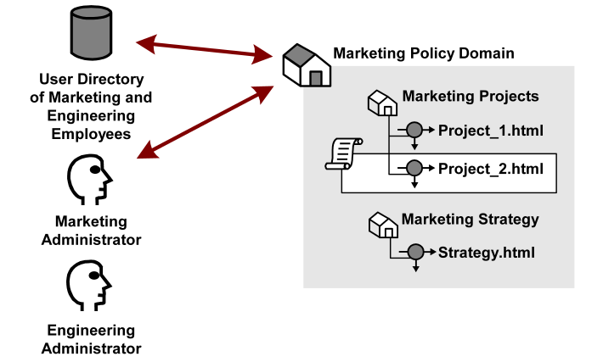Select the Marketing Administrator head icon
click(x=89, y=181)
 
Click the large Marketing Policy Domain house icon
click(x=306, y=66)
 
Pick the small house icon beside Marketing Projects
click(x=382, y=103)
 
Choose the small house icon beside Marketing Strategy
click(x=382, y=226)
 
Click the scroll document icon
click(x=343, y=154)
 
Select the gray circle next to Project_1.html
click(x=414, y=131)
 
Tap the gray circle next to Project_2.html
click(x=414, y=168)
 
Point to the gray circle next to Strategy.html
click(x=414, y=252)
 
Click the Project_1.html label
click(x=490, y=131)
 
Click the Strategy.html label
click(x=487, y=252)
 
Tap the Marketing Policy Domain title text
click(x=423, y=53)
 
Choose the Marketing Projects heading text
click(x=470, y=96)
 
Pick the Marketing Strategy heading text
click(x=470, y=220)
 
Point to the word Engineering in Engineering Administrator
click(x=91, y=331)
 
